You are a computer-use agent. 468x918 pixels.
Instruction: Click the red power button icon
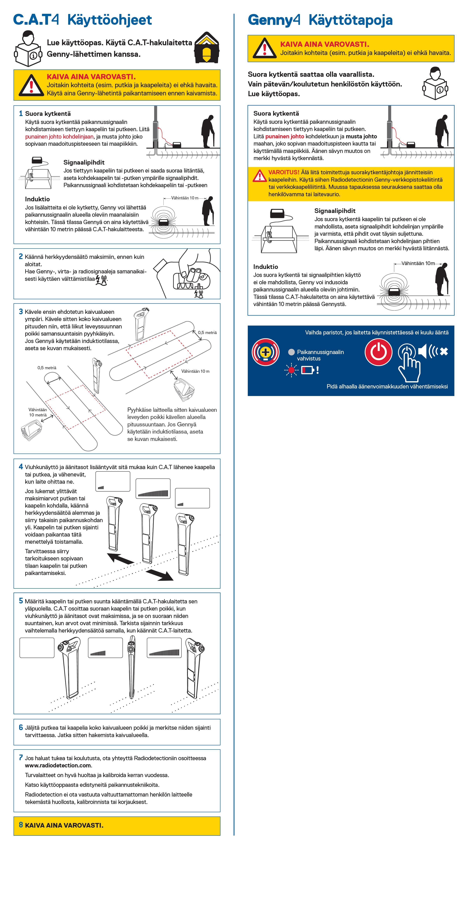pyautogui.click(x=378, y=352)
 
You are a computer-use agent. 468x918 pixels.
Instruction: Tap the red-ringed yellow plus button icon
pyautogui.click(x=265, y=352)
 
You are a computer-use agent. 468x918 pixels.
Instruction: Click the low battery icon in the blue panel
pyautogui.click(x=307, y=370)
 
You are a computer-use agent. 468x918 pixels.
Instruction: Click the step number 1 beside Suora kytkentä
pyautogui.click(x=21, y=113)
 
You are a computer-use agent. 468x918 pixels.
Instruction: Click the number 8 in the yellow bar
pyautogui.click(x=21, y=825)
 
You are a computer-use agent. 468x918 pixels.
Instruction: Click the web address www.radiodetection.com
pyautogui.click(x=58, y=765)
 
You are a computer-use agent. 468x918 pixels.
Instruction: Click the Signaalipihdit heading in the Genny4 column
pyautogui.click(x=335, y=211)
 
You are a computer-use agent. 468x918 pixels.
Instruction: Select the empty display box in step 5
pyautogui.click(x=37, y=647)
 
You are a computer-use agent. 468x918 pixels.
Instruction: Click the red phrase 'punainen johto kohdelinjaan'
pyautogui.click(x=59, y=136)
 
